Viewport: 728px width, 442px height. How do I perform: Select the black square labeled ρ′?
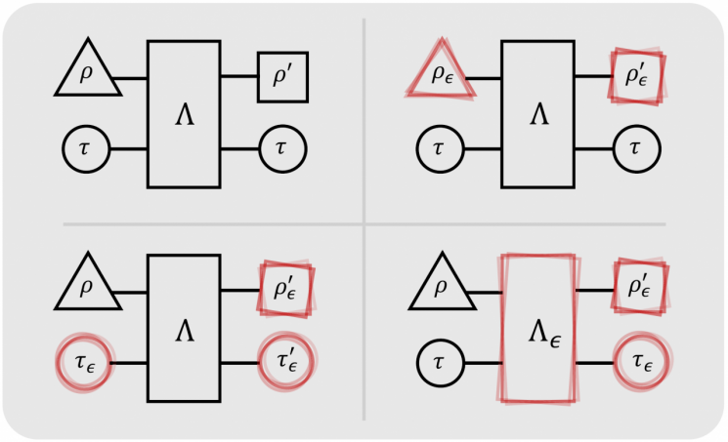(x=282, y=76)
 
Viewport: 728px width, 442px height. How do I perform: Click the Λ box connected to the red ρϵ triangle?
(x=537, y=113)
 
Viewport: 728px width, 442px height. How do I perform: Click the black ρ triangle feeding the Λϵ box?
(x=441, y=288)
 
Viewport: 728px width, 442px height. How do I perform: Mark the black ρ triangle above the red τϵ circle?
(x=87, y=288)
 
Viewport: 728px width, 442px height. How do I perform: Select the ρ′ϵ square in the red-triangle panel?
(x=636, y=75)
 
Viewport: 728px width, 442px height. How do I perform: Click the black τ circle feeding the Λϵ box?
(x=441, y=363)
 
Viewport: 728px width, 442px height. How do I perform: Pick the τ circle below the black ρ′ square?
(x=282, y=150)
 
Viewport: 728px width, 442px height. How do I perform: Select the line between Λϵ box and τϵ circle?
(x=594, y=363)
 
